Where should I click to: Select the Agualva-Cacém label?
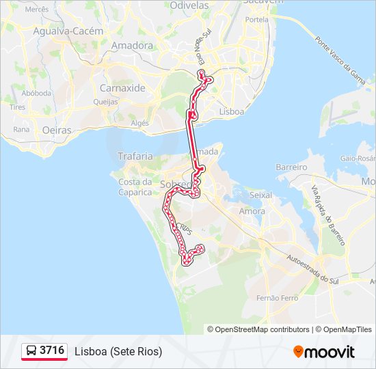click(68, 31)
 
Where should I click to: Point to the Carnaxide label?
click(122, 88)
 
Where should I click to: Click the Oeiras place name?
click(57, 129)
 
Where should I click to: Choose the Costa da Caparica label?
click(135, 187)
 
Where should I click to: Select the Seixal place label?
click(262, 195)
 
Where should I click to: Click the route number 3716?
click(52, 351)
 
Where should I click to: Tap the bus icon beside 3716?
click(31, 351)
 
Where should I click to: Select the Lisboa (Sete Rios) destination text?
click(118, 351)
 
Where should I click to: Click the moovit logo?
click(324, 352)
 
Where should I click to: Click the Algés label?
click(140, 123)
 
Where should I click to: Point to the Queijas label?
click(106, 100)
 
